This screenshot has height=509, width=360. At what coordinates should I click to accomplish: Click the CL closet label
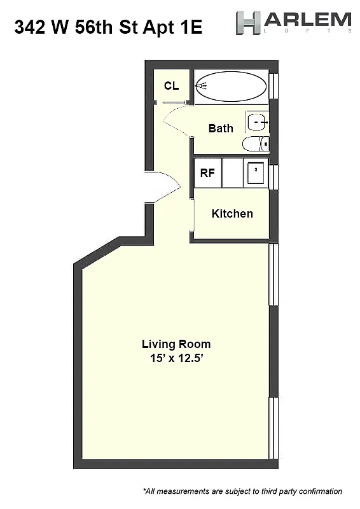[x=171, y=86]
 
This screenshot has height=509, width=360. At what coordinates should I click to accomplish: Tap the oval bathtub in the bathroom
[x=230, y=86]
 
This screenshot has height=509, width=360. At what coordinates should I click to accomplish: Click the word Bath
[x=221, y=128]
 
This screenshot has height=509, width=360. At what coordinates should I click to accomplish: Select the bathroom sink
[x=258, y=120]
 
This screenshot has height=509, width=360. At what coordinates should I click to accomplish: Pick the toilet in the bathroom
[x=256, y=144]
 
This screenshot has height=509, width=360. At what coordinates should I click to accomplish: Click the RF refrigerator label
[x=207, y=172]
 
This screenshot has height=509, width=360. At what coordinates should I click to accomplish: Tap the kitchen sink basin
[x=256, y=172]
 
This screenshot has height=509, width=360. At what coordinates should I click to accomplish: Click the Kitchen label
[x=232, y=213]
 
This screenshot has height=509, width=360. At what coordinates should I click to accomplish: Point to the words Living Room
[x=176, y=344]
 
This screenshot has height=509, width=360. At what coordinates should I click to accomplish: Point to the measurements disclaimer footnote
[x=242, y=491]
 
